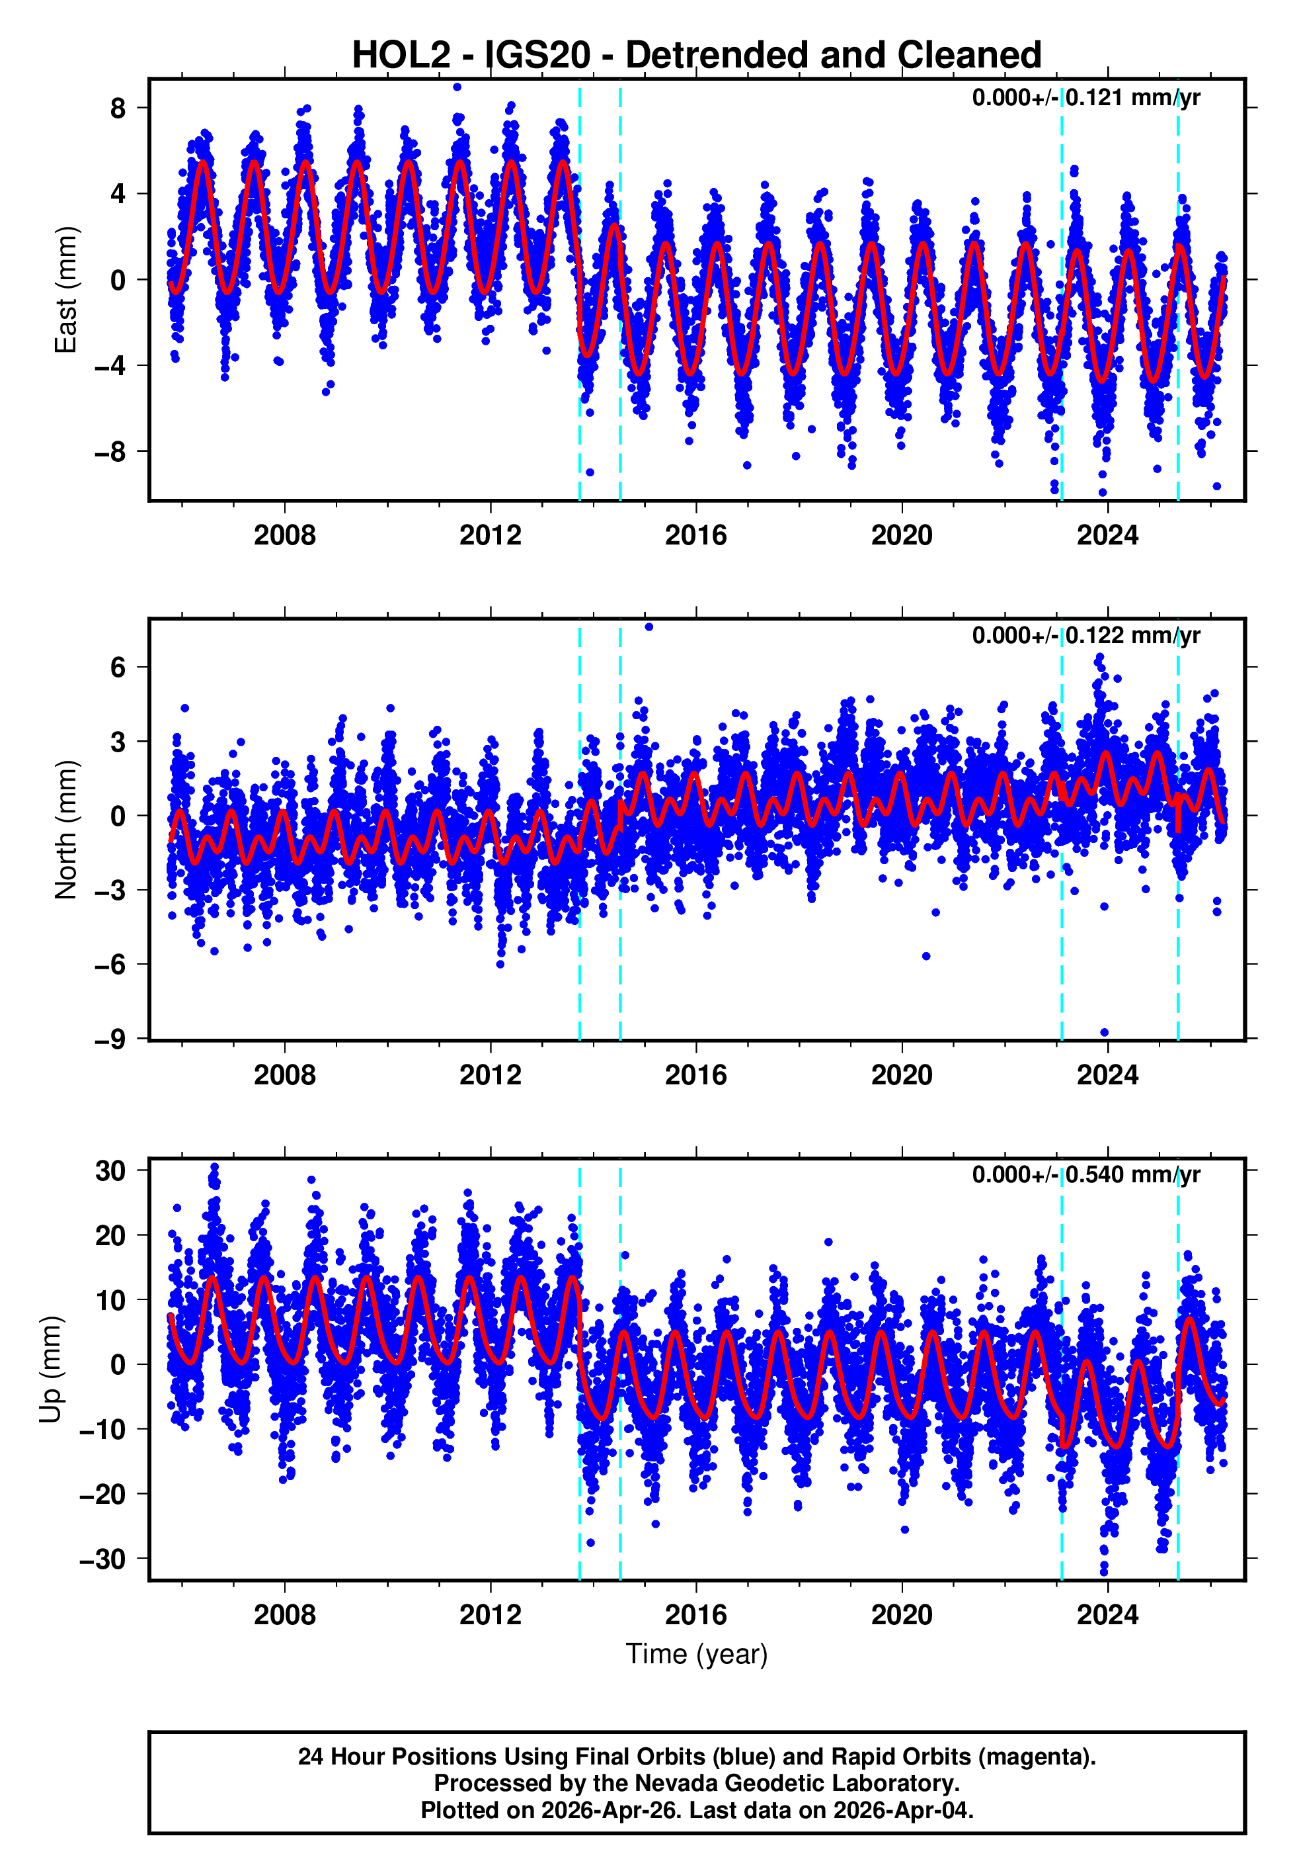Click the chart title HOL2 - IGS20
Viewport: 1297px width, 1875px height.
pos(697,56)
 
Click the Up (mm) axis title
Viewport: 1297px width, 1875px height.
pos(50,1370)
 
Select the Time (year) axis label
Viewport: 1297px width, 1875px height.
pos(697,1654)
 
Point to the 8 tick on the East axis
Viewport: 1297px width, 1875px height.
pos(118,108)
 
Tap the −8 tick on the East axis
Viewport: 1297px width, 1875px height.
pos(110,452)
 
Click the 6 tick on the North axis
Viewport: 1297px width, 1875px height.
pos(118,668)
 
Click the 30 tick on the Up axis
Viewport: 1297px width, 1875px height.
pos(110,1171)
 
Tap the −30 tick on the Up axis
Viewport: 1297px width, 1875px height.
pos(102,1559)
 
